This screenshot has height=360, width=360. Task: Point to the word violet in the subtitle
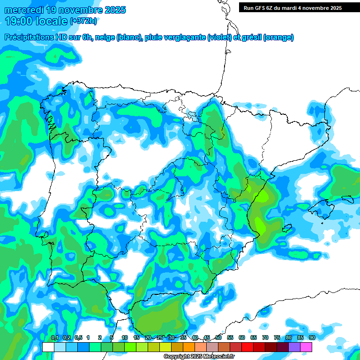coord(219,37)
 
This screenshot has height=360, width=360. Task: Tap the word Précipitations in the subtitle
coord(31,37)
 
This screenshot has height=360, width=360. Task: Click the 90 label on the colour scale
coord(312,338)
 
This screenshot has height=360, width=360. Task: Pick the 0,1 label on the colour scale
coord(54,338)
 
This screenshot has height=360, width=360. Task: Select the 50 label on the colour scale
coord(218,338)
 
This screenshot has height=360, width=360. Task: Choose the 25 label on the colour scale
coord(160,338)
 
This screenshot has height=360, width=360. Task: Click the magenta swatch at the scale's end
coord(306,347)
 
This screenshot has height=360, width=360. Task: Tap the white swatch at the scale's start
coord(48,347)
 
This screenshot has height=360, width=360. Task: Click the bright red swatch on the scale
coord(247,347)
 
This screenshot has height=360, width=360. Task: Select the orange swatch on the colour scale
coord(189,347)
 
